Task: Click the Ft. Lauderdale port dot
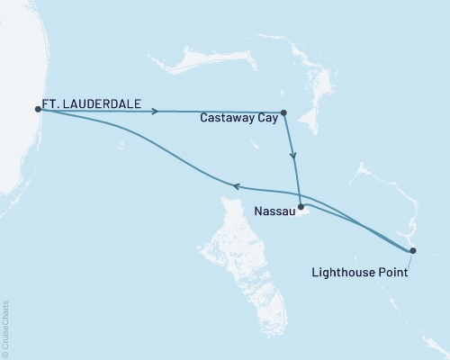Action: click(x=38, y=109)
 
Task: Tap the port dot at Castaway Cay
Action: click(x=283, y=113)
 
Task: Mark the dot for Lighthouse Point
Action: click(x=412, y=250)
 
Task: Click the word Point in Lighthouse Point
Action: click(x=391, y=270)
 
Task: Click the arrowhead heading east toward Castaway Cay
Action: click(x=157, y=112)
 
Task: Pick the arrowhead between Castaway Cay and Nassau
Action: click(x=293, y=156)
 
